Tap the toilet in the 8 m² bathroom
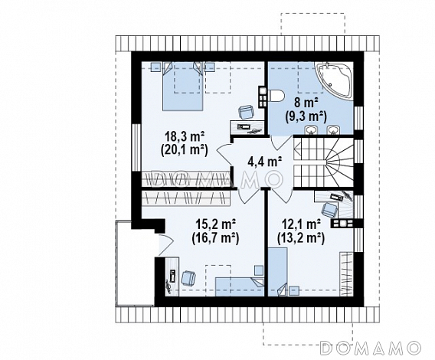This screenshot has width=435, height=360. (276, 97)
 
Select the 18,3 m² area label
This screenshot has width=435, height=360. (185, 137)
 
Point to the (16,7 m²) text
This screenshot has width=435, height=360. (215, 238)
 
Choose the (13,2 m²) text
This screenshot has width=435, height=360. (301, 238)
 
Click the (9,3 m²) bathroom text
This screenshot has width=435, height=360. (306, 116)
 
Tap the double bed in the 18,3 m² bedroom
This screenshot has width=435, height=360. (182, 87)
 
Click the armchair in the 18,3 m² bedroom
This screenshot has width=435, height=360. (246, 112)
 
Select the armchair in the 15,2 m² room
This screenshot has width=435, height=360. (188, 278)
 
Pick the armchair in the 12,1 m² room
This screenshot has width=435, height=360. (329, 209)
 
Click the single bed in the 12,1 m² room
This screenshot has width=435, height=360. (277, 272)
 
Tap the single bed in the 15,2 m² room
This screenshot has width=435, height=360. (240, 286)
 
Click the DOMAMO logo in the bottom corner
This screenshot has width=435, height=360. (370, 348)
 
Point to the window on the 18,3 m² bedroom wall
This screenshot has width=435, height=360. (136, 147)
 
